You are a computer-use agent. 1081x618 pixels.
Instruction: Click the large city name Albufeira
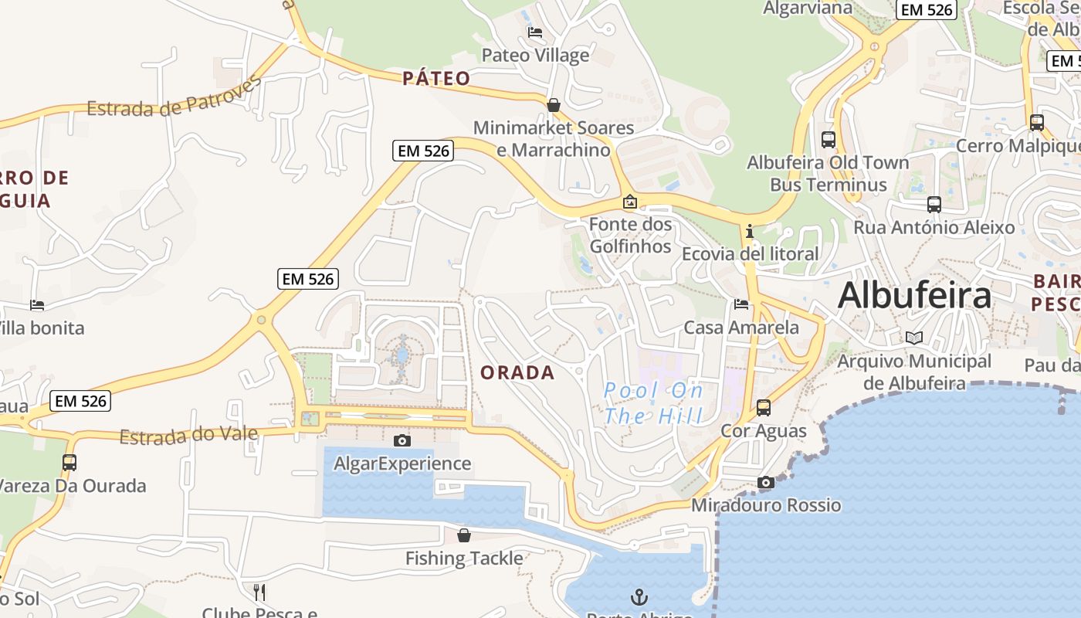(914, 296)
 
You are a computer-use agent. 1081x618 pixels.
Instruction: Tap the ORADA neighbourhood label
(517, 372)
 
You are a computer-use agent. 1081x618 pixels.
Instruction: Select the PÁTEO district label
(436, 78)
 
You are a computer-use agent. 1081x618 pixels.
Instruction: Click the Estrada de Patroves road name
(175, 99)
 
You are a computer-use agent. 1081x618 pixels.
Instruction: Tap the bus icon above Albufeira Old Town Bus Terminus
(829, 140)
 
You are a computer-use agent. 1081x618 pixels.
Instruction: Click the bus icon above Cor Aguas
(764, 407)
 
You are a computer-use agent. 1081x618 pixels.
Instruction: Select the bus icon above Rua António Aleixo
(934, 205)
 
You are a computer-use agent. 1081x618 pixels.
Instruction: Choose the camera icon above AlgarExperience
(402, 440)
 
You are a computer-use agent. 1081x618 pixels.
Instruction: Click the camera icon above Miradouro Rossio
(766, 482)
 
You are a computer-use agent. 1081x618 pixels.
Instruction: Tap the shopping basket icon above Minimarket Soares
(554, 104)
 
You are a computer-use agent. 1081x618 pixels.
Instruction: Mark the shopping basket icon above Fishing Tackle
(464, 535)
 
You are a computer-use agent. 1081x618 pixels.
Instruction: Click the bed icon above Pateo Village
(534, 32)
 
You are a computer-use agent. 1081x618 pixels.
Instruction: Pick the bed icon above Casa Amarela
(741, 304)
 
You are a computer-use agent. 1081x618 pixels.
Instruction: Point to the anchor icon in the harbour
(639, 596)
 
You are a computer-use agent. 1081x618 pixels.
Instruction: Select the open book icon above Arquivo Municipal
(914, 338)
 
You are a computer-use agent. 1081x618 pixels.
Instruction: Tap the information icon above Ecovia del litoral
(749, 231)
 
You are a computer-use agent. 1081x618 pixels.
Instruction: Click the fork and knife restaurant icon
(259, 593)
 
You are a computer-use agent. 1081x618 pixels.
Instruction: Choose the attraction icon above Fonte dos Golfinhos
(630, 202)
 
